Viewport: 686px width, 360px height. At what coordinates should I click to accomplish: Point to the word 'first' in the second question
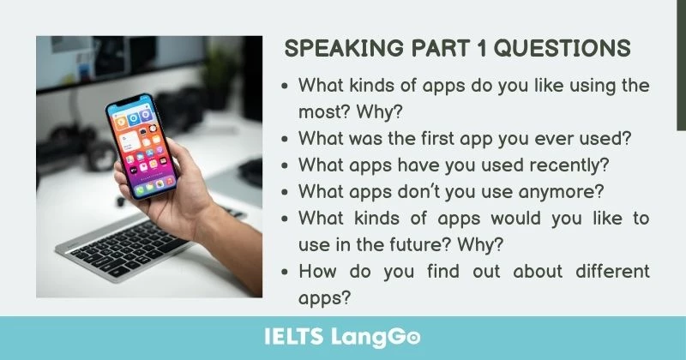point(434,138)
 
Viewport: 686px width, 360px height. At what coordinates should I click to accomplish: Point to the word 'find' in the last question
point(448,271)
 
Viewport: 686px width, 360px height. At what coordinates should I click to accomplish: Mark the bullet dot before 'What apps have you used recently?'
point(285,165)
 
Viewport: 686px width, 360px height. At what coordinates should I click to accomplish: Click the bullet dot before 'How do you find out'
point(285,272)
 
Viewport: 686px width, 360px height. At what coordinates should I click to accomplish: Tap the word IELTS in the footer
point(297,337)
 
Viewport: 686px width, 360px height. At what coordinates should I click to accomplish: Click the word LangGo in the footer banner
point(377,337)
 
